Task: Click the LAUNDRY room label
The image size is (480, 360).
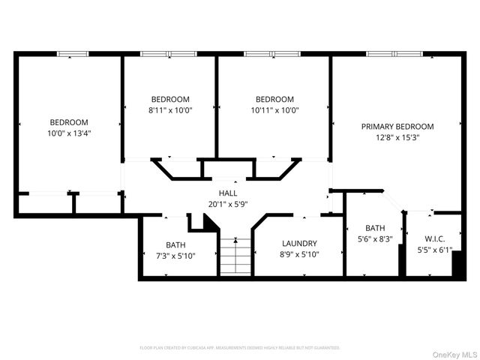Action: [299, 244]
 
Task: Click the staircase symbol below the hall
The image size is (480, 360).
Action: [235, 256]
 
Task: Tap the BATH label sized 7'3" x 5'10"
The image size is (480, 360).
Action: [175, 245]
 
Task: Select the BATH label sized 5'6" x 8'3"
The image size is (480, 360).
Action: [375, 228]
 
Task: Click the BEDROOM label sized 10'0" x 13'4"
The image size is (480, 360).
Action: [69, 122]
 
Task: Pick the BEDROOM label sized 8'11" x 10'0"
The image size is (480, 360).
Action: [170, 99]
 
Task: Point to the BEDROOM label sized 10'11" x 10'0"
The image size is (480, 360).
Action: [274, 99]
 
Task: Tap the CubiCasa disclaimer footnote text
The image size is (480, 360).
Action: [240, 348]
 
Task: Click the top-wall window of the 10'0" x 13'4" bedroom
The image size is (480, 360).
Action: [73, 54]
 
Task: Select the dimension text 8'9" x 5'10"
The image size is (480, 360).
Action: [299, 255]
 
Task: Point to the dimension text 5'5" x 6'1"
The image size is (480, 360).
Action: [433, 250]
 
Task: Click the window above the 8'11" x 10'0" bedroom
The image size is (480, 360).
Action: [169, 54]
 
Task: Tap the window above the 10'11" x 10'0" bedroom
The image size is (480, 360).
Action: [272, 54]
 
